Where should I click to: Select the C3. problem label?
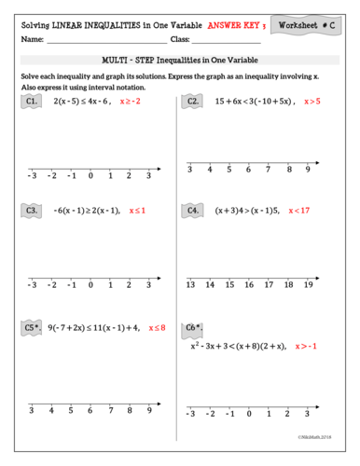[x=33, y=211]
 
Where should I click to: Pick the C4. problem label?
[x=193, y=211]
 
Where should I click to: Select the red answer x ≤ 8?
[x=155, y=328]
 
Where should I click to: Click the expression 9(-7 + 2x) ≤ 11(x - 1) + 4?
[x=93, y=328]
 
